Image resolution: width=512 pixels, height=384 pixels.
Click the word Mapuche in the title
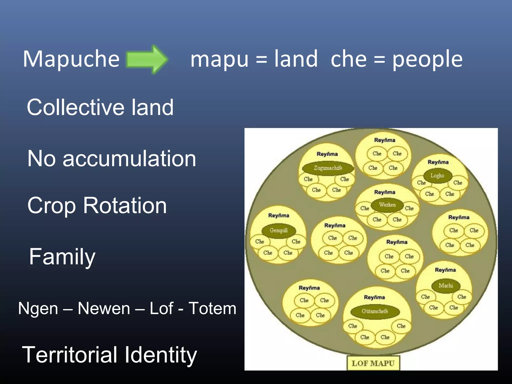click(71, 59)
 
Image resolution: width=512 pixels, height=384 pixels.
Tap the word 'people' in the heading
click(427, 59)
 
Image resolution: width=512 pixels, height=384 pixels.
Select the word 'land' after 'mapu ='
click(296, 59)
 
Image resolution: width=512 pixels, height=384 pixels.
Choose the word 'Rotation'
click(125, 205)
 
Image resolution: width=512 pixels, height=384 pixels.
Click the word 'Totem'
click(212, 308)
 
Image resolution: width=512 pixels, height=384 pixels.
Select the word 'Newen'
click(104, 308)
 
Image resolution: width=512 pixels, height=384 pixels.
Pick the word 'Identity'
click(161, 355)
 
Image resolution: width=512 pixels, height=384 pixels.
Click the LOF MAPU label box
click(373, 363)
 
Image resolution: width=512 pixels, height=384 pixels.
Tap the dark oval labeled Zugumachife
click(328, 168)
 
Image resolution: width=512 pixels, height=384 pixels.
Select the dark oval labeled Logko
click(437, 175)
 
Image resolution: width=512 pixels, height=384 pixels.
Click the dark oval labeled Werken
click(387, 205)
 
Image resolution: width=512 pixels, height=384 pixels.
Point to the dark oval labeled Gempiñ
click(278, 230)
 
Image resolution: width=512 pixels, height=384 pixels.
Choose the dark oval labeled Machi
click(446, 285)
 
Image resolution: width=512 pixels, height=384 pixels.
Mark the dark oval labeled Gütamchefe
click(375, 311)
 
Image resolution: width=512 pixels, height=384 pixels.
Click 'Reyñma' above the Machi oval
click(445, 270)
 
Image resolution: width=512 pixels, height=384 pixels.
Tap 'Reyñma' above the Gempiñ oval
click(278, 215)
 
